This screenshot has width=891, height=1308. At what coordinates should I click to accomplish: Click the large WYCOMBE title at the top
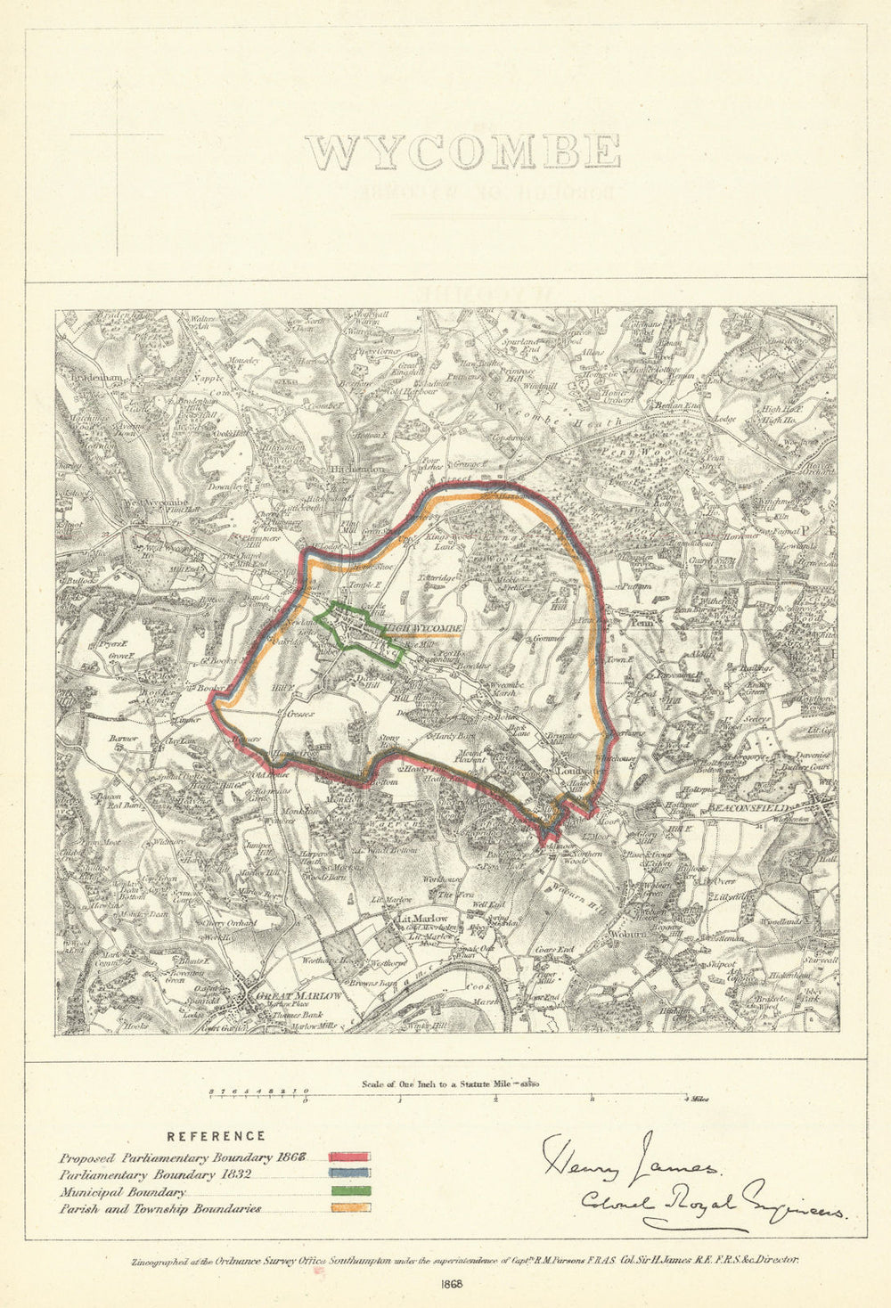click(463, 151)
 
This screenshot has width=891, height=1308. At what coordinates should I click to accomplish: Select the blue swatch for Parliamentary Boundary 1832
click(349, 1175)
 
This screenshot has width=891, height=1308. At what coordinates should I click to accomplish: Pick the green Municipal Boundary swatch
click(349, 1192)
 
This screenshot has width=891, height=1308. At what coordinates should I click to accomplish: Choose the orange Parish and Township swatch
click(349, 1209)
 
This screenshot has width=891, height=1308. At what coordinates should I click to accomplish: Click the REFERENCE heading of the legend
click(217, 1136)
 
